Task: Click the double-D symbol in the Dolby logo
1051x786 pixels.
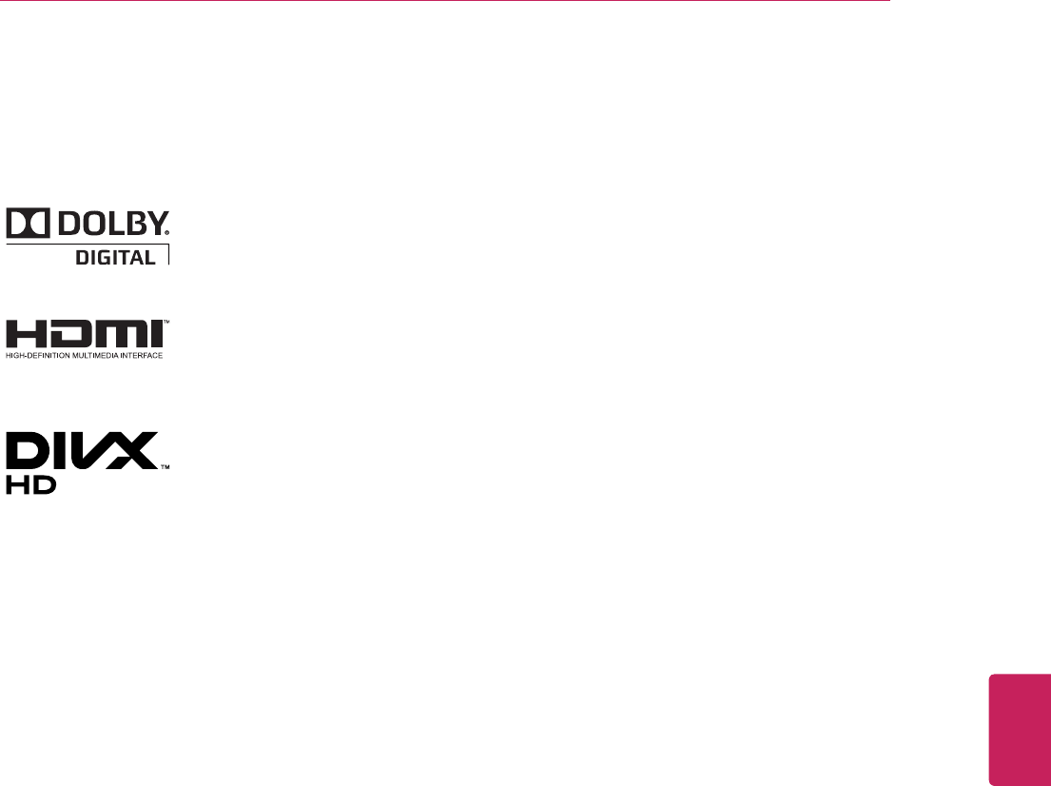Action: coord(27,224)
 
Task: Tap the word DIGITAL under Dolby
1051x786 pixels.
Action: coord(115,256)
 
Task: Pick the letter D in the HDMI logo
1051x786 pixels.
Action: coord(68,335)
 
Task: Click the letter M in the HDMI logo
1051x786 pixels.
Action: coord(115,335)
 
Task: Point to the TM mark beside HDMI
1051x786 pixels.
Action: coord(165,323)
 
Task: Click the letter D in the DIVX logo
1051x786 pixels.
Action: coord(29,452)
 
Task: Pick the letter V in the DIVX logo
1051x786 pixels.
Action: coord(96,452)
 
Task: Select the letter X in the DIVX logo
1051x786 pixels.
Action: coord(136,452)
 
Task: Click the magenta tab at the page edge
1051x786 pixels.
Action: coord(1020,729)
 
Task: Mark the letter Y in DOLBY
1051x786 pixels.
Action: coord(156,224)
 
